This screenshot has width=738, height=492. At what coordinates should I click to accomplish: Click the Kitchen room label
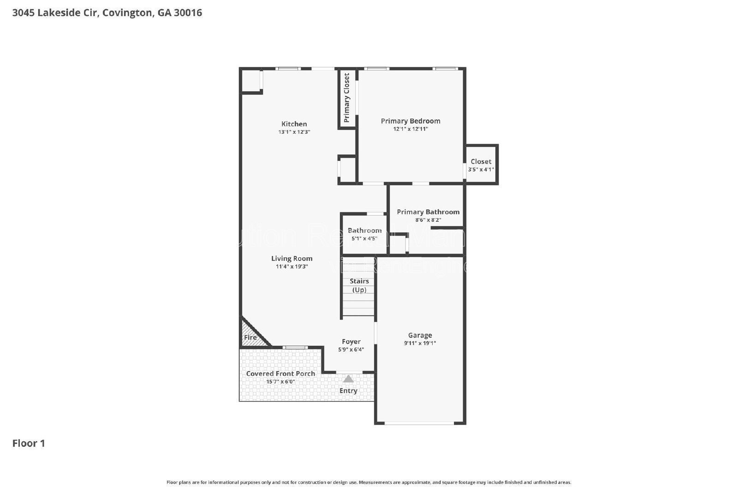294,124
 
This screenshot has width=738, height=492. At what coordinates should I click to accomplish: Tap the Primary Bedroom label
410,121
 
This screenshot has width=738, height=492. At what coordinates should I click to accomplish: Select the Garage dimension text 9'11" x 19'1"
420,343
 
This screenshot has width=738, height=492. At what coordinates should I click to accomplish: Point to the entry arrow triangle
348,379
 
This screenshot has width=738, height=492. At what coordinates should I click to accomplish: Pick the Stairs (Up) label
359,285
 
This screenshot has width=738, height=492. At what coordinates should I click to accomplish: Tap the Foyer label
351,342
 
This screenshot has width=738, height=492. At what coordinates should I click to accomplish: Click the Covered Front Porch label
280,373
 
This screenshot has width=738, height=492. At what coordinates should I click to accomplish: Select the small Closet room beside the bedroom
481,165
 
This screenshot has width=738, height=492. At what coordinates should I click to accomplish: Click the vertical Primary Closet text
347,98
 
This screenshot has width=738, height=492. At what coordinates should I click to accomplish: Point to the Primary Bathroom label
428,212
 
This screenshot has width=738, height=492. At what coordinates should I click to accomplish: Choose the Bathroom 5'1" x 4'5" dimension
364,238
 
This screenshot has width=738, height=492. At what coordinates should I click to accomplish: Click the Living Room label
292,258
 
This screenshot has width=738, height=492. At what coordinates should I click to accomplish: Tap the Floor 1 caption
29,443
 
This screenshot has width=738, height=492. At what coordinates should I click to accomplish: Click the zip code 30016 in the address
188,12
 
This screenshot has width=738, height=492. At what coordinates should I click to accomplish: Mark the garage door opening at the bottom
419,423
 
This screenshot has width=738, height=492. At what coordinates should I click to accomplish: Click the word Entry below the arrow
348,391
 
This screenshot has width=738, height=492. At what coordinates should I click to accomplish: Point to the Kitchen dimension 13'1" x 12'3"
294,132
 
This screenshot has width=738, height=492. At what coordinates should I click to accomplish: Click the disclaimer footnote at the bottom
369,482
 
